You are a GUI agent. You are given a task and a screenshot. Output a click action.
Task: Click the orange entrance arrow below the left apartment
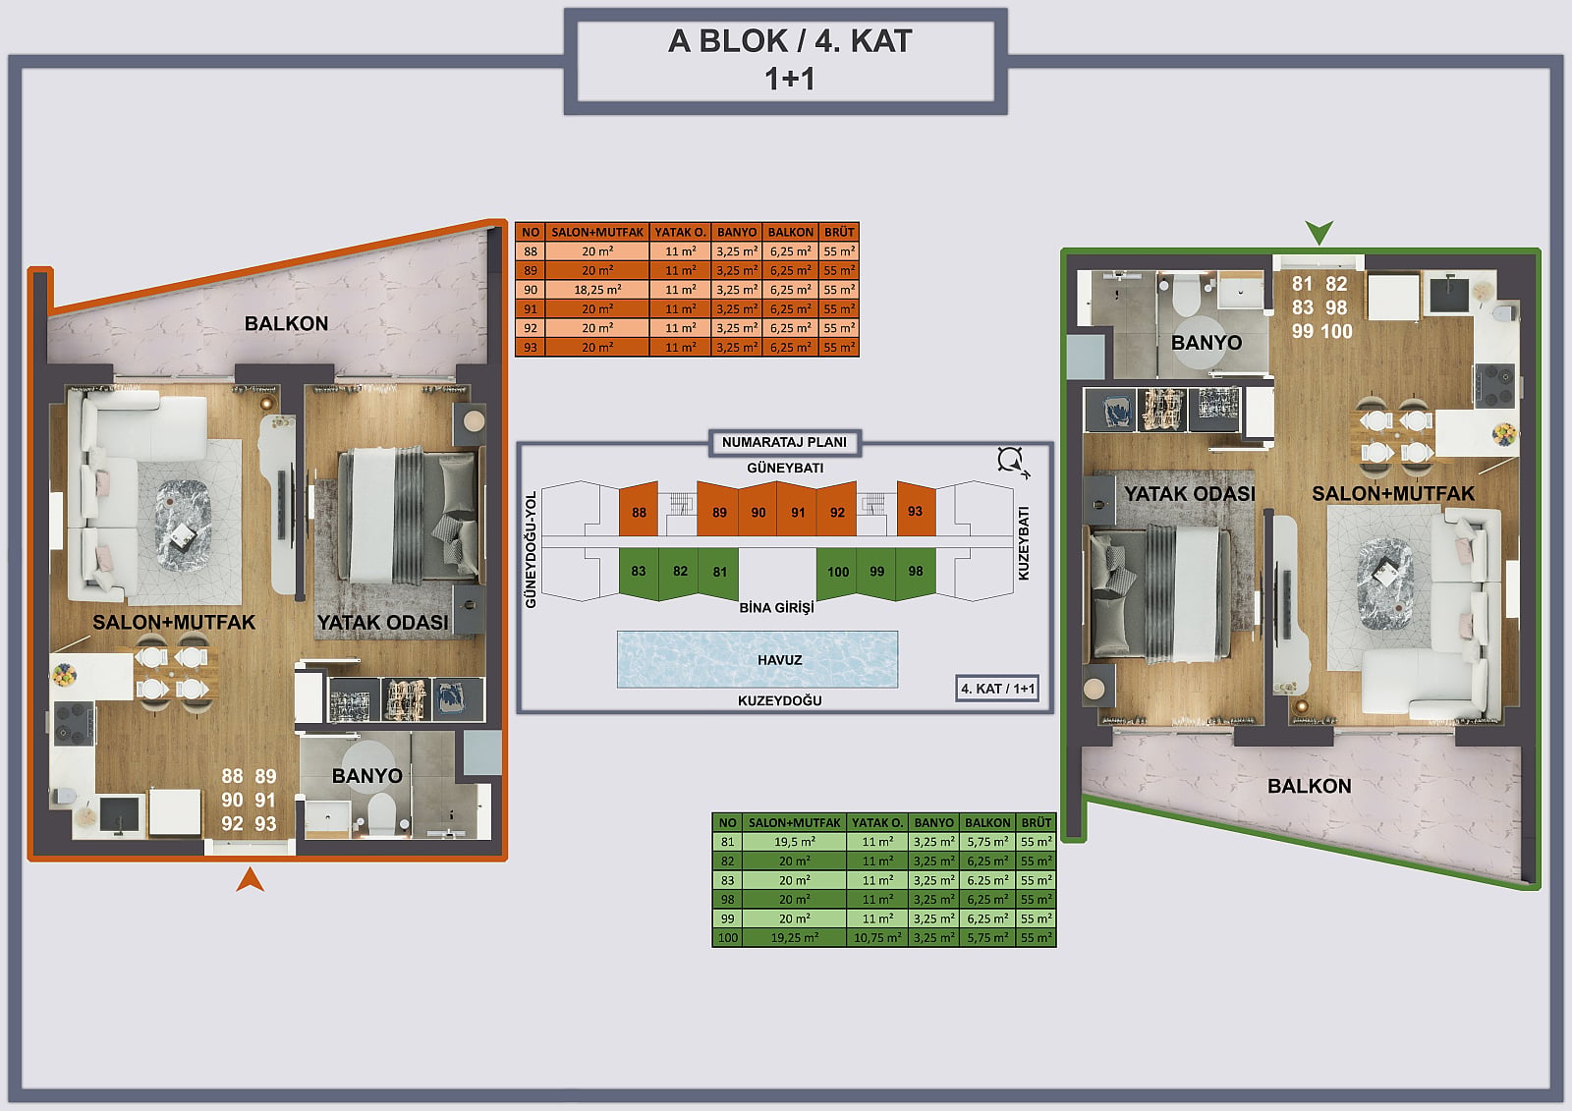(250, 881)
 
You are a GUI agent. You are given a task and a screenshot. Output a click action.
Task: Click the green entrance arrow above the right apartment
(1319, 232)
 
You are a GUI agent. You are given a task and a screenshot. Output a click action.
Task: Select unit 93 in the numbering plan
(915, 511)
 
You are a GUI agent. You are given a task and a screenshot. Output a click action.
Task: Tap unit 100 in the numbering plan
(837, 572)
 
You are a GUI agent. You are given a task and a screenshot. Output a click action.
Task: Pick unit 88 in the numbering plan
(639, 512)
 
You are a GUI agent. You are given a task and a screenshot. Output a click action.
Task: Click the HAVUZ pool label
(780, 660)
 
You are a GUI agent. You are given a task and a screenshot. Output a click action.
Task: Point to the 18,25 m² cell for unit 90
(597, 289)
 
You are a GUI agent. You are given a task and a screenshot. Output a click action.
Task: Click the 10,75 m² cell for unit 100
(877, 938)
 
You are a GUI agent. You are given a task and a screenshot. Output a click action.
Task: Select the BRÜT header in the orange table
(839, 232)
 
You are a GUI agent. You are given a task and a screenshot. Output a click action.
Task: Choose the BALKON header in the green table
(987, 822)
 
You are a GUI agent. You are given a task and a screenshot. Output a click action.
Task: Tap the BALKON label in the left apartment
(286, 323)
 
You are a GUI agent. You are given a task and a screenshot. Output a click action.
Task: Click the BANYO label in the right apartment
(1207, 343)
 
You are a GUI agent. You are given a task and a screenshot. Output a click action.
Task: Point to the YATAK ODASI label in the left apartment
(382, 623)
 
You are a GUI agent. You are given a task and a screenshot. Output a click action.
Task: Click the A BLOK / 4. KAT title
(790, 40)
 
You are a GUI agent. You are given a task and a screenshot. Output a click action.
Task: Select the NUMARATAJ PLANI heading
(785, 442)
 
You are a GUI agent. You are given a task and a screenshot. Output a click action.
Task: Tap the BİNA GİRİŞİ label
(777, 608)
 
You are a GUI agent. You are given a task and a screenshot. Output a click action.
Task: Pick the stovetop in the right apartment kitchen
(1494, 385)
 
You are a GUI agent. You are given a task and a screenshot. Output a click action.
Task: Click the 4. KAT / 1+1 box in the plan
(997, 689)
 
